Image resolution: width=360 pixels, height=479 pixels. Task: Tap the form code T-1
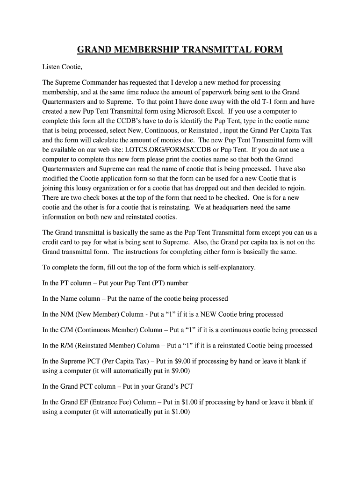click(x=258, y=102)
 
